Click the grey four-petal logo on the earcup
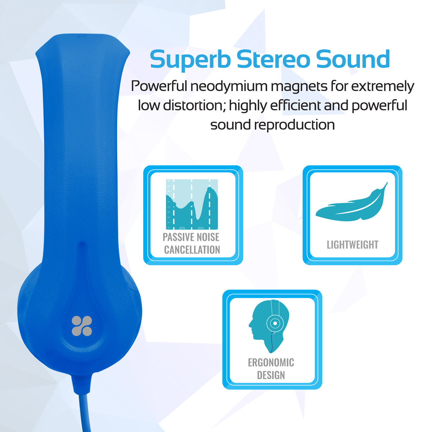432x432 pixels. [82, 326]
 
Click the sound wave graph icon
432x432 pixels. [192, 204]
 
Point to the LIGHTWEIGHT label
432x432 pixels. [352, 245]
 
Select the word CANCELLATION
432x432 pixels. [192, 250]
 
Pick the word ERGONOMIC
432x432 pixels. [271, 363]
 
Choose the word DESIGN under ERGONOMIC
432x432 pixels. [271, 375]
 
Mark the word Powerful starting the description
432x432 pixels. [159, 87]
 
